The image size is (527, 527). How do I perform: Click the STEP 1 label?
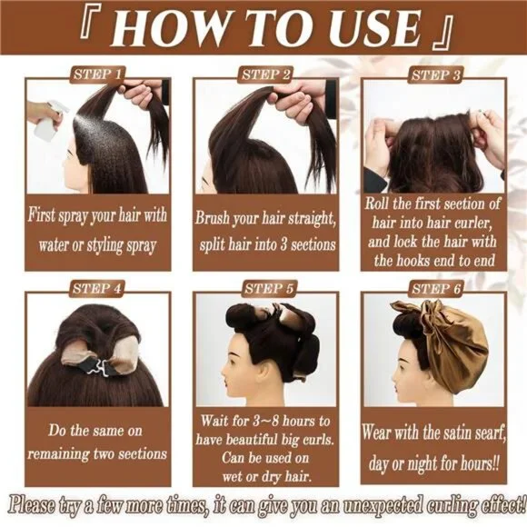pos(97,74)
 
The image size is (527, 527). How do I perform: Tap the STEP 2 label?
pos(265,74)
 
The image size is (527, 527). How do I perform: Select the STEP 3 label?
pos(435,75)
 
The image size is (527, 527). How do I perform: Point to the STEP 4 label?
pos(97,288)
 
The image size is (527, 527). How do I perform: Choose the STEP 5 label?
pos(269,288)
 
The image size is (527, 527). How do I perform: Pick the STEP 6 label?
pos(436,288)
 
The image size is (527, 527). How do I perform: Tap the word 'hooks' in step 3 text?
pos(419,261)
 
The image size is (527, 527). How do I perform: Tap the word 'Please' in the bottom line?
pos(33,505)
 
